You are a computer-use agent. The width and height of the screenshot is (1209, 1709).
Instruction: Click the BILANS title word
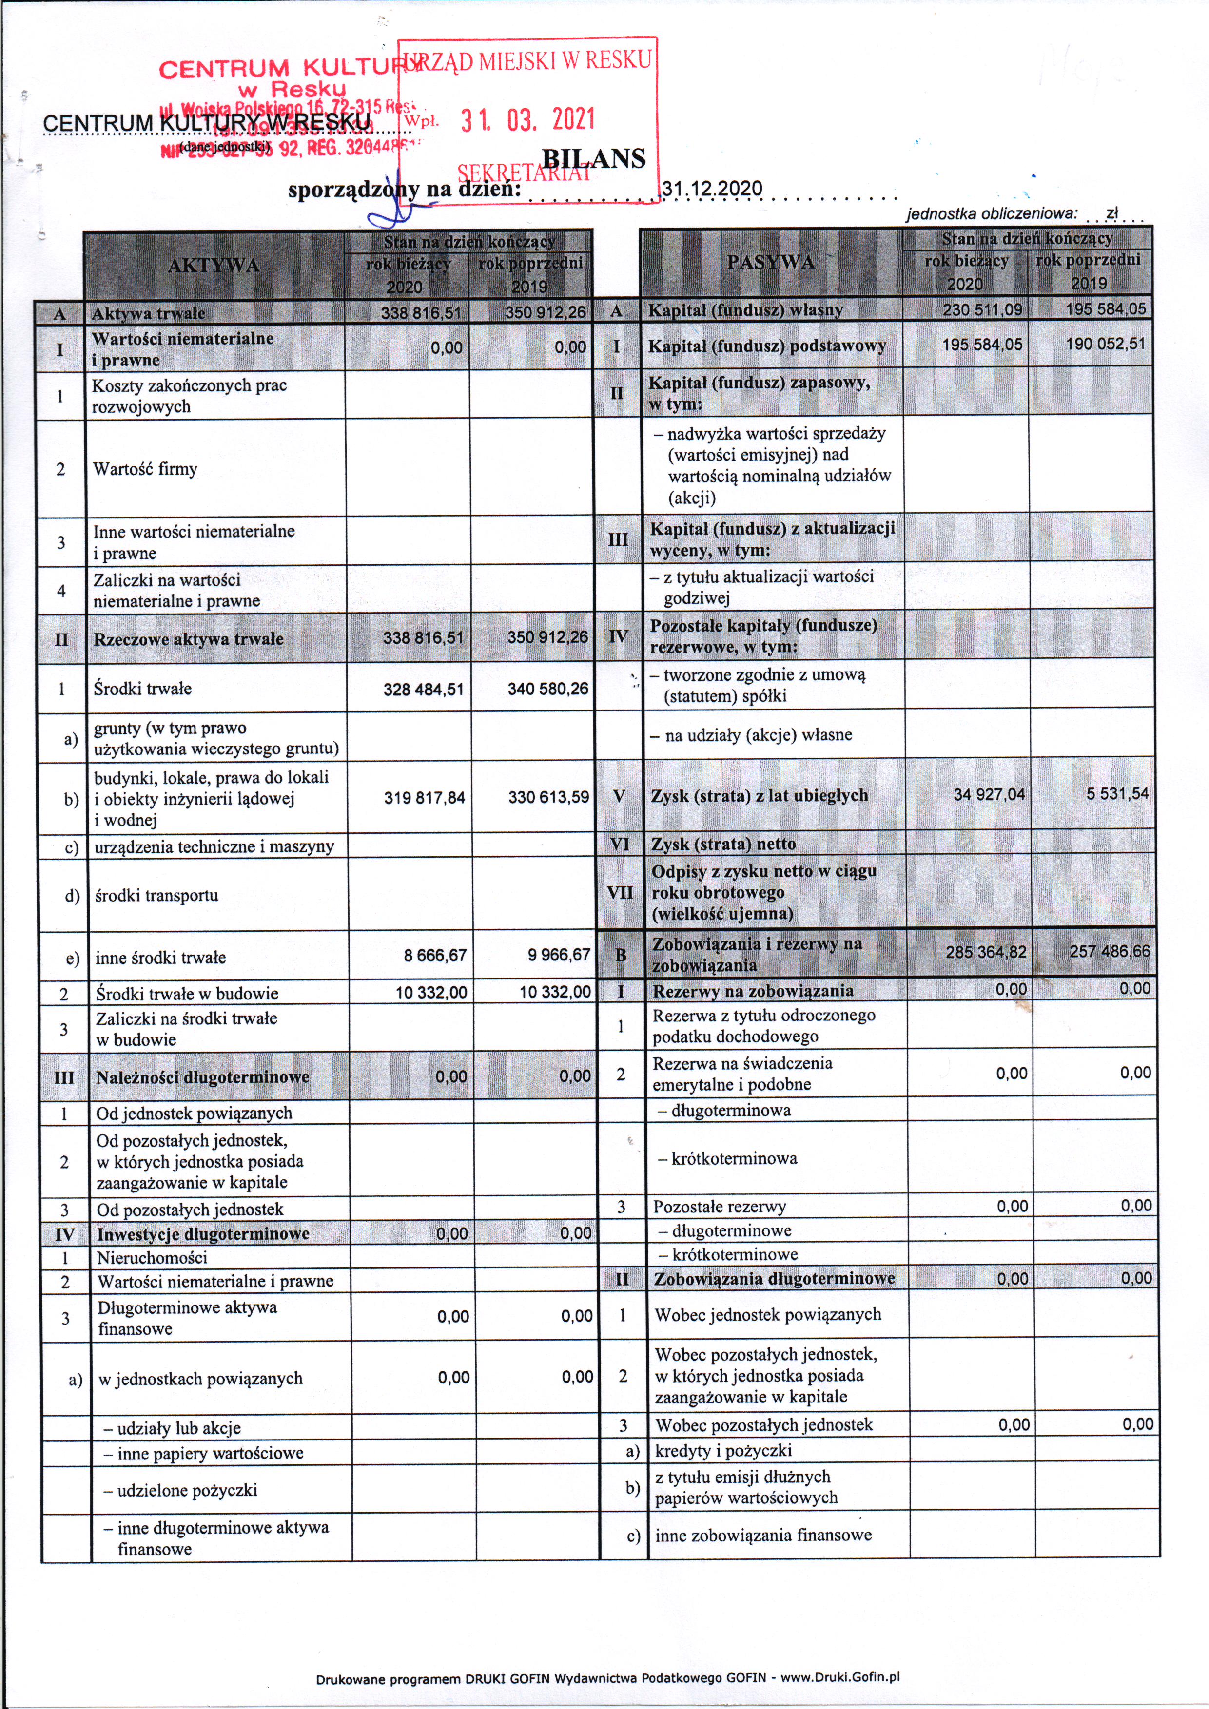point(594,158)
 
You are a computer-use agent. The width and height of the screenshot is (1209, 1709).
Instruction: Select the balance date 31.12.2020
point(712,188)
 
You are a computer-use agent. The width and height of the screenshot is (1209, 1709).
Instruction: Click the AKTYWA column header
point(214,266)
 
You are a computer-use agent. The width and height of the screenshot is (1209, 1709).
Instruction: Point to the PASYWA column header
point(771,262)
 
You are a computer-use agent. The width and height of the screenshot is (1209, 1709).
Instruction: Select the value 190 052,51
point(1106,344)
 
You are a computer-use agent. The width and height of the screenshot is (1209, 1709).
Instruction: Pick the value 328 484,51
point(423,689)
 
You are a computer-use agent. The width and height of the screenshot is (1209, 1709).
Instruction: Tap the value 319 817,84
point(424,798)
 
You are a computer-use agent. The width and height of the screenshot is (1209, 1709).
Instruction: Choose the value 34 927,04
point(989,795)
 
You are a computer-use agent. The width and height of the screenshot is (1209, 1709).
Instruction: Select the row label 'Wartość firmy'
point(145,469)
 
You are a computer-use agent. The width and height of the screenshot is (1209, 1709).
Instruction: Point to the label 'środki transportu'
point(156,896)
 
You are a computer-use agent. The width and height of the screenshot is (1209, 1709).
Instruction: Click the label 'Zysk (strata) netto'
point(723,844)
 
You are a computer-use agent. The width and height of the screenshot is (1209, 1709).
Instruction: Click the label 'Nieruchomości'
point(152,1258)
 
